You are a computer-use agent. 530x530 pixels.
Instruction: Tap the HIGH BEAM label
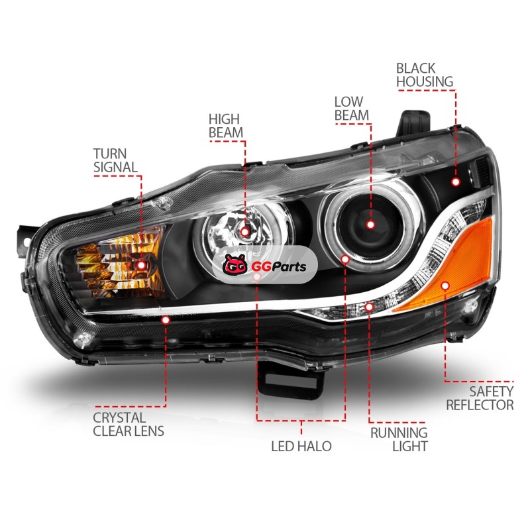point(226,125)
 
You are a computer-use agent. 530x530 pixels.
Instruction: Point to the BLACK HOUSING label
point(425,75)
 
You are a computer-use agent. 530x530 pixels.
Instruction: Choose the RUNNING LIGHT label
point(398,439)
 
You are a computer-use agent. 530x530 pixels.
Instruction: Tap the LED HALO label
point(301,446)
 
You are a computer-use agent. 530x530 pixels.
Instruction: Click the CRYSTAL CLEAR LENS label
point(129,424)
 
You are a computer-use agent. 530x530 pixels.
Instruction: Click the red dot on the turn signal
point(141,265)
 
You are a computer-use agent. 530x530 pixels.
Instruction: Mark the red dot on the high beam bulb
point(245,231)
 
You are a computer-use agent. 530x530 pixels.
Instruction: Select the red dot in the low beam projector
point(370,225)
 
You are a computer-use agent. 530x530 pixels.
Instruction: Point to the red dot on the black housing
point(456,180)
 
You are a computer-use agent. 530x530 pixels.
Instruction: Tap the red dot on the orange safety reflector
point(445,286)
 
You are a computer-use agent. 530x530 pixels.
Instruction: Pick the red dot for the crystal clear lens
point(165,319)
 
